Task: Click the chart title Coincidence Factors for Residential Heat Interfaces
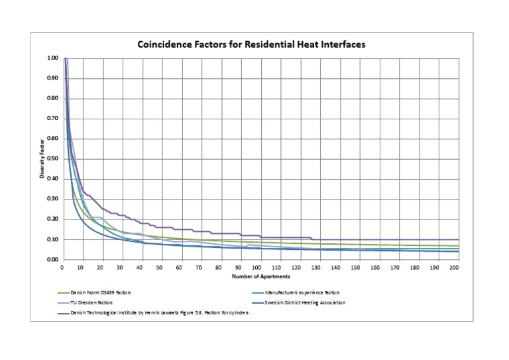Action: pyautogui.click(x=251, y=44)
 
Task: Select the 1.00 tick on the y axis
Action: pyautogui.click(x=52, y=58)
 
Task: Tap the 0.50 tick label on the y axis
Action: pyautogui.click(x=52, y=159)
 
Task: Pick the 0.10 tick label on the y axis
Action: pyautogui.click(x=52, y=239)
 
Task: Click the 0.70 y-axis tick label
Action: pyautogui.click(x=52, y=119)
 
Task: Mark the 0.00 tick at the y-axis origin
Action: pyautogui.click(x=52, y=260)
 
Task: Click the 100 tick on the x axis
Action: pyautogui.click(x=257, y=267)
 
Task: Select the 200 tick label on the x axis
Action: pyautogui.click(x=453, y=267)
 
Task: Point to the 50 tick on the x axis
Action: pyautogui.click(x=159, y=267)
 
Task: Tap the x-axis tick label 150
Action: pyautogui.click(x=355, y=267)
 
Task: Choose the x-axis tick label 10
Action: pyautogui.click(x=81, y=267)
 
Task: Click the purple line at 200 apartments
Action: pyautogui.click(x=453, y=239)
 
